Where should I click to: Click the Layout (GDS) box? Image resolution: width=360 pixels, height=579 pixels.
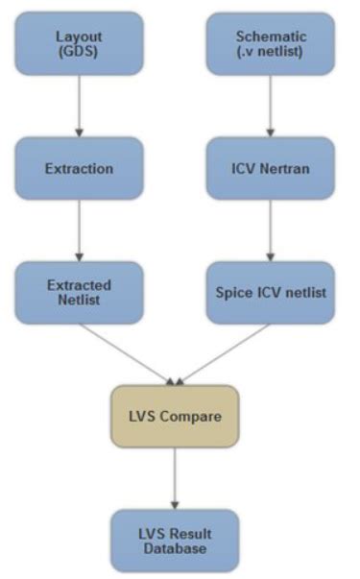(79, 43)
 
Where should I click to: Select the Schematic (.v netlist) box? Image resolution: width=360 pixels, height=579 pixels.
(271, 43)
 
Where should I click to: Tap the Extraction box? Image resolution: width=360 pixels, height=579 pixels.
(79, 168)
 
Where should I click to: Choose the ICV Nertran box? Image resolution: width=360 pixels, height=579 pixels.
(271, 168)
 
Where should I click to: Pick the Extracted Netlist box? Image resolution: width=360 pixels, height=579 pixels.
(79, 293)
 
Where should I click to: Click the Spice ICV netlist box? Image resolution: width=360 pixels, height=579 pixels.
(271, 293)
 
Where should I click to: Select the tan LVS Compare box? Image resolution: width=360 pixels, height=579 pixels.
(175, 417)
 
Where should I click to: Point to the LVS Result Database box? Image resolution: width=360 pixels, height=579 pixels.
(175, 541)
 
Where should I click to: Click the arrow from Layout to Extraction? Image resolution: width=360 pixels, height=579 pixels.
(79, 107)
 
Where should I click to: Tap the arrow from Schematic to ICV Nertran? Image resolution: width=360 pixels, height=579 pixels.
(271, 107)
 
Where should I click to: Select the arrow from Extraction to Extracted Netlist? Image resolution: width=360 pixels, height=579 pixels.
(79, 230)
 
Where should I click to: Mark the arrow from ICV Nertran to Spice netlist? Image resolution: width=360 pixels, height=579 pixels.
(271, 230)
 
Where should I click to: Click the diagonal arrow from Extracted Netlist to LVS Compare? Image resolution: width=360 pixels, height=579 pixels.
(127, 355)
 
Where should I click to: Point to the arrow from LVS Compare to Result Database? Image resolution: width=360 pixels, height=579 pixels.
(175, 478)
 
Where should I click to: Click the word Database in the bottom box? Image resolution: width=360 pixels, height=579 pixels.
(175, 548)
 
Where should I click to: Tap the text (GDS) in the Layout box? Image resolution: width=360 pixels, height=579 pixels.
(79, 51)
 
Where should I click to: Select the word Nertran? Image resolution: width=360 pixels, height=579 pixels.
(285, 169)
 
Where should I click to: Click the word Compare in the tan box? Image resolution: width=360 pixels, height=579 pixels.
(191, 417)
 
